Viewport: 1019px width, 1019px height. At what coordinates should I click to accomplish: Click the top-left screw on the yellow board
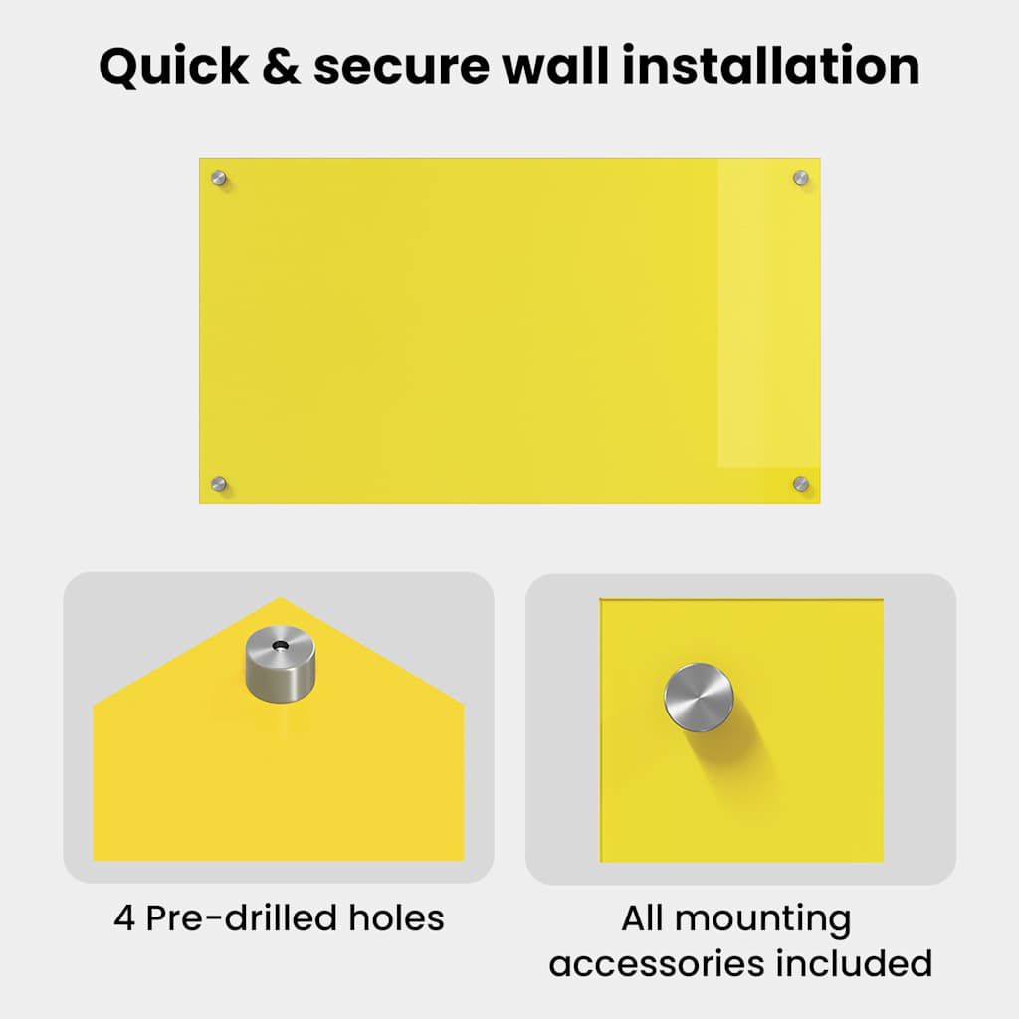(219, 178)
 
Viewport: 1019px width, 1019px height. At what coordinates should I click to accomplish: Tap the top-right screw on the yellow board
(801, 178)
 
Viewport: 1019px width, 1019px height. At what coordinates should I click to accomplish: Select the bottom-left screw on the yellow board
(219, 484)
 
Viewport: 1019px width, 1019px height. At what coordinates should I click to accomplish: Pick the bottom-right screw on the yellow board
(801, 484)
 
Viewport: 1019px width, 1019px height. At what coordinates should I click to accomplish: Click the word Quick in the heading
(173, 67)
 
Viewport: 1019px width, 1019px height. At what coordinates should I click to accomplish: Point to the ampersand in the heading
(282, 66)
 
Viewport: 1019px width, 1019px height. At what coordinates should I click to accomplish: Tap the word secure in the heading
(401, 69)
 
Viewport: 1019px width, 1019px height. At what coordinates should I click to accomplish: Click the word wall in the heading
(555, 66)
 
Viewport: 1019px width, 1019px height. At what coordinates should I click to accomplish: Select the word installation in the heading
(771, 66)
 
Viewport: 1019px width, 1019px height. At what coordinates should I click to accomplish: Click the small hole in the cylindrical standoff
(281, 645)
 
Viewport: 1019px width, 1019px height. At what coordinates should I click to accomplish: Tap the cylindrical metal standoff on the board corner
(281, 664)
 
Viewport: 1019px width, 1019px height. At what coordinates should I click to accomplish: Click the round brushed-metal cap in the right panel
(700, 698)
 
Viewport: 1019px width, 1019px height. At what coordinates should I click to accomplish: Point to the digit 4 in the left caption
(124, 918)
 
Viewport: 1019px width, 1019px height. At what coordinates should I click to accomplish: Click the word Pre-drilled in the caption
(241, 917)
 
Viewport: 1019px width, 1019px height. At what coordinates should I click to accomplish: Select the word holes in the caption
(396, 917)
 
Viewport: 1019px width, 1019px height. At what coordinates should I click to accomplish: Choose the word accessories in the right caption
(657, 963)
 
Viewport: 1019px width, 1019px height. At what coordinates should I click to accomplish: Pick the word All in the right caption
(642, 918)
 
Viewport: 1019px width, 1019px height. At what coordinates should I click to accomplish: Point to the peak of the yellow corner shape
(280, 597)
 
